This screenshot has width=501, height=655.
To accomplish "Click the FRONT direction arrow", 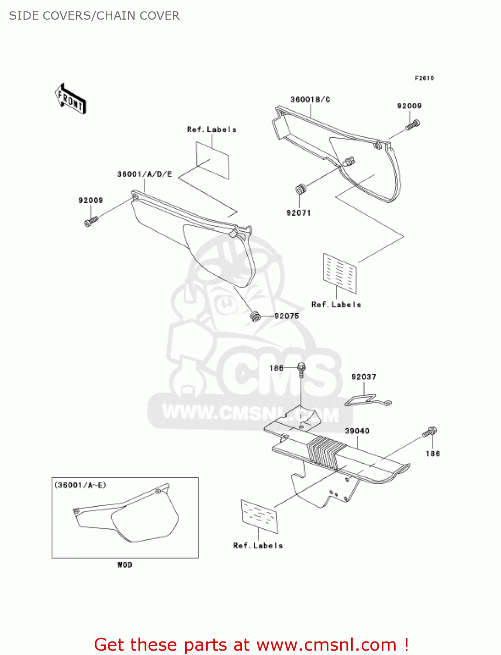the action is [x=70, y=99].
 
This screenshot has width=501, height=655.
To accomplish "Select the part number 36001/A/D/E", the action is [x=145, y=174].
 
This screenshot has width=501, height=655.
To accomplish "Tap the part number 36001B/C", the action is [x=310, y=100].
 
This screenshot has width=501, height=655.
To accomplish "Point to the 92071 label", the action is [x=298, y=213].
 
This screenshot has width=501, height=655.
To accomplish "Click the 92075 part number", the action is [x=287, y=316].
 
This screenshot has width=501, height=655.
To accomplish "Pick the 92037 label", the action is [x=363, y=377].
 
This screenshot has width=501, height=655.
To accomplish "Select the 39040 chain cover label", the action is [x=357, y=431].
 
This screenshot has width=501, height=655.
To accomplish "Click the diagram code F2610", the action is [x=424, y=78].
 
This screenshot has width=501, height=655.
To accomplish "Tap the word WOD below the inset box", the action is [x=124, y=565].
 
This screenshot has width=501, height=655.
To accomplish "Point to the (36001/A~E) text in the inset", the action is [x=80, y=485].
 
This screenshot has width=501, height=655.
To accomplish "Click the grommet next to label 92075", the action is [x=255, y=316].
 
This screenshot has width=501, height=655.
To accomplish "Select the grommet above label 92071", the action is [x=300, y=190].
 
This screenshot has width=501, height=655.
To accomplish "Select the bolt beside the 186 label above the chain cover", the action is [x=301, y=370].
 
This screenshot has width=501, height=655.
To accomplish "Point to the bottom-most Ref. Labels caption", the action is [x=258, y=546].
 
